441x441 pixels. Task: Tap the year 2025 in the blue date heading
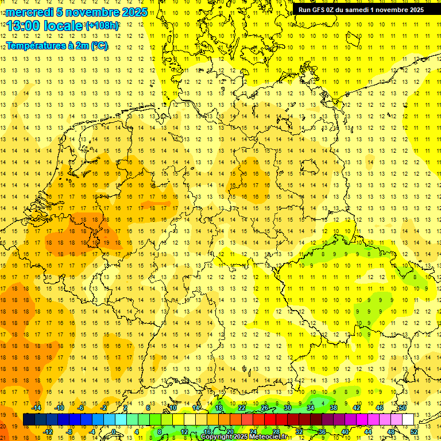[x=134, y=12]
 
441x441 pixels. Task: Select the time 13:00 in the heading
[x=25, y=26]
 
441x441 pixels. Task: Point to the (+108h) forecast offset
[x=102, y=26]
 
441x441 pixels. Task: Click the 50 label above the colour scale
[x=403, y=408]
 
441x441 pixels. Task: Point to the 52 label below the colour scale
[x=415, y=432]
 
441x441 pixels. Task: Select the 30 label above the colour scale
[x=288, y=408]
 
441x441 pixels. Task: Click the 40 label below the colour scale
[x=345, y=432]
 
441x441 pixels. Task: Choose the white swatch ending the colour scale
[x=408, y=420]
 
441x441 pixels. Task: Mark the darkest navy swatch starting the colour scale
[x=29, y=420]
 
